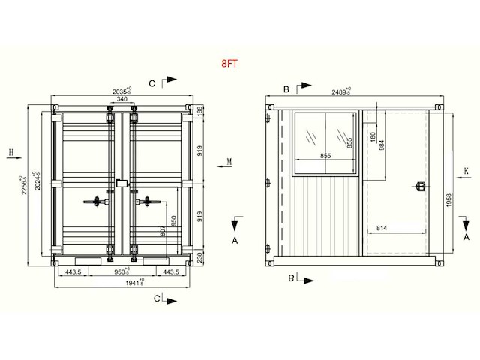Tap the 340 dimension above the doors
(121, 98)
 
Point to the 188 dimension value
(199, 111)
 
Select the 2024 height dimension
(37, 184)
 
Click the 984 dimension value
(382, 145)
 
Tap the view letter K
(466, 171)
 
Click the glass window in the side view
(324, 136)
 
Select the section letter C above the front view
(152, 82)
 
